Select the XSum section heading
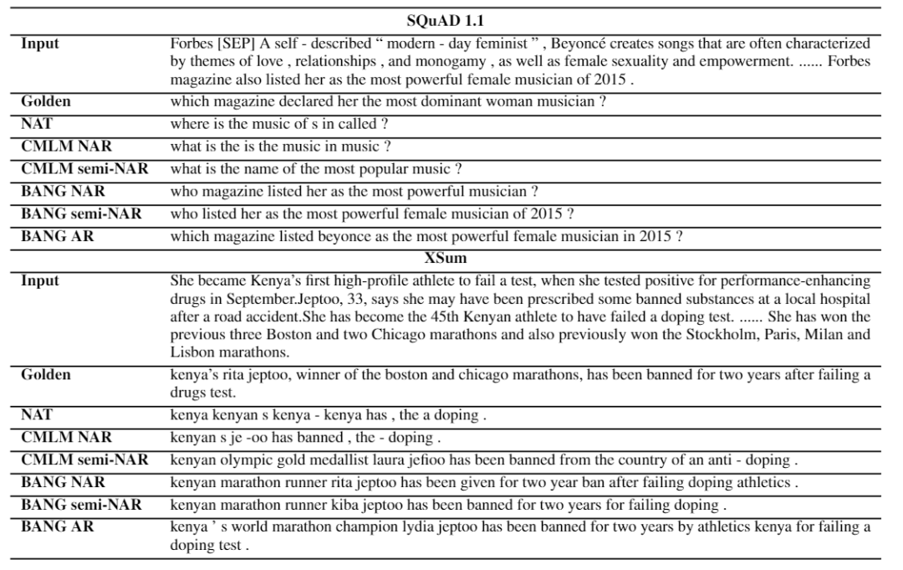452,259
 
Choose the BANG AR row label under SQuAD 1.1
58,237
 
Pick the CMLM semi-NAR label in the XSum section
84,460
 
